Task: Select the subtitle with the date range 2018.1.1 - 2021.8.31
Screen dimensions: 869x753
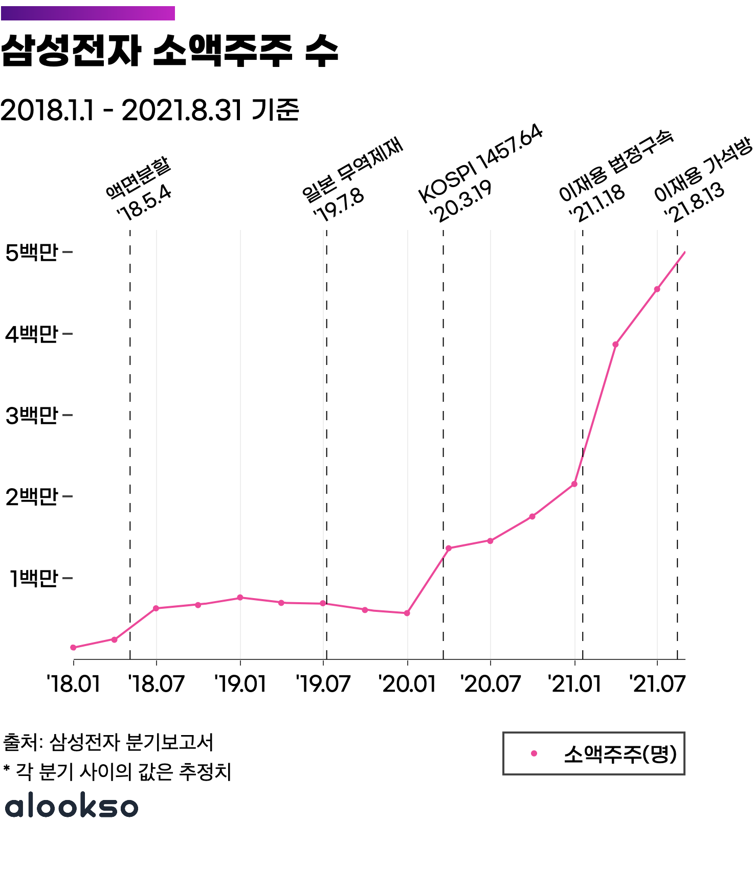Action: [x=149, y=110]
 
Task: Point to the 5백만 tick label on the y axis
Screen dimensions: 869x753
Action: [x=32, y=253]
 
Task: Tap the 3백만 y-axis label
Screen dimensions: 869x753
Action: [x=32, y=416]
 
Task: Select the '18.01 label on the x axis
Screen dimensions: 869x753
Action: [x=73, y=684]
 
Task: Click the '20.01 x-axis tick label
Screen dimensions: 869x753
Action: [x=407, y=684]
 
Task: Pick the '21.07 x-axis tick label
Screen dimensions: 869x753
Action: [x=657, y=684]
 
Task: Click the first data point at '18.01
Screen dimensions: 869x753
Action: [x=73, y=648]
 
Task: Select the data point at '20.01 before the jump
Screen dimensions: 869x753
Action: [x=407, y=613]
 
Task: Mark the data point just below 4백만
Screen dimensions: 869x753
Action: [x=615, y=345]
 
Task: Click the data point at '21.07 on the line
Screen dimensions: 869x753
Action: [x=657, y=289]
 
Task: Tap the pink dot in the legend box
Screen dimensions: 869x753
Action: [x=534, y=753]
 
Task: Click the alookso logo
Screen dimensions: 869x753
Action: [x=72, y=806]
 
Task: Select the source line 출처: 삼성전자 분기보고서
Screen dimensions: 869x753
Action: [x=108, y=742]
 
